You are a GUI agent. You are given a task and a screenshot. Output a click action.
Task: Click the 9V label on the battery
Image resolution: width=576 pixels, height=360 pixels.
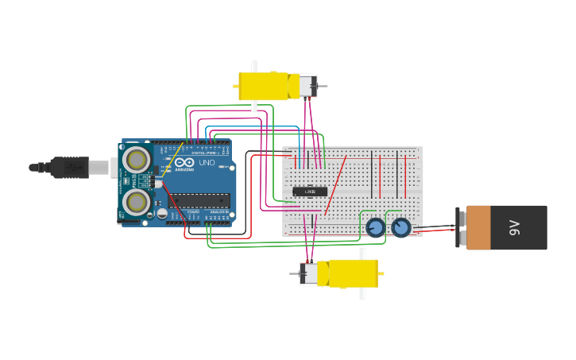[x=514, y=228]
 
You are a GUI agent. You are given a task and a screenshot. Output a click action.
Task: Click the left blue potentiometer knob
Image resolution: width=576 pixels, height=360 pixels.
[x=375, y=228]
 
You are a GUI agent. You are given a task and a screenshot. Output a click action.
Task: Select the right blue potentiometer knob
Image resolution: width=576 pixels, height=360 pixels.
[x=401, y=228]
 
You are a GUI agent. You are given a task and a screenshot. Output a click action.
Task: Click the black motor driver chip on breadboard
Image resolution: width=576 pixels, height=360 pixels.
[x=310, y=191]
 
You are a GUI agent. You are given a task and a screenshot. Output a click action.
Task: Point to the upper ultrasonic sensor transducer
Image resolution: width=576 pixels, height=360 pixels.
[x=137, y=161]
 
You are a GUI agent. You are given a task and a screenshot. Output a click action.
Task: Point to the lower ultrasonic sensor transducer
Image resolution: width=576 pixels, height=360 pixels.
[x=137, y=203]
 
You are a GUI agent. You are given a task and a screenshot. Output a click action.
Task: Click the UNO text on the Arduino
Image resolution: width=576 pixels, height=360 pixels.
[x=207, y=163]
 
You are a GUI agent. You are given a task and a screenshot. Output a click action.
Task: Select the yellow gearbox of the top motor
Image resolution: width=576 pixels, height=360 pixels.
[x=264, y=86]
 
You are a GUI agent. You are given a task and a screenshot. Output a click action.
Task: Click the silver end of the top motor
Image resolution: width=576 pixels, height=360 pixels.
[x=307, y=86]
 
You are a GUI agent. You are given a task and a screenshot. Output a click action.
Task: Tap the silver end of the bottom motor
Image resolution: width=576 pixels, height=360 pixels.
[x=308, y=273]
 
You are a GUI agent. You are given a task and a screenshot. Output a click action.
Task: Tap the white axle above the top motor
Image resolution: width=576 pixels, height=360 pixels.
[x=254, y=66]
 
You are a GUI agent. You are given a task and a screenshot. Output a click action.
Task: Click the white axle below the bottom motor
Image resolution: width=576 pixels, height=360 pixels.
[x=362, y=293]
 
